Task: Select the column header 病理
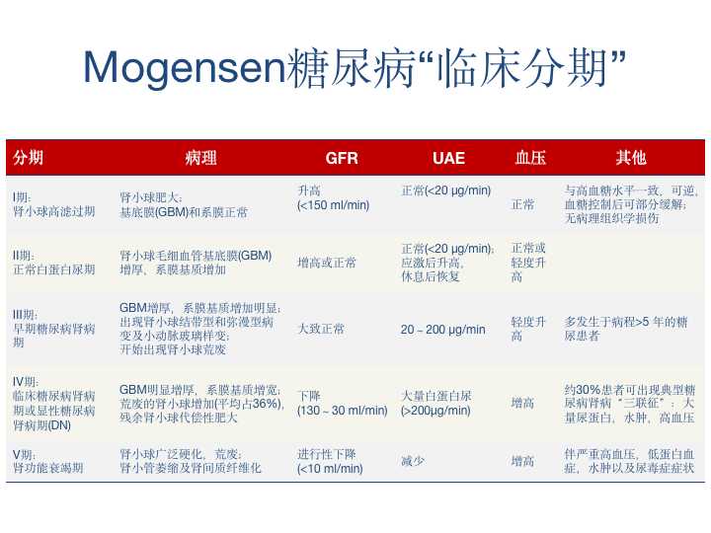200,158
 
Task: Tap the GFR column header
342,158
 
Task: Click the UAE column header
448,158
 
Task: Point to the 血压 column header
530,158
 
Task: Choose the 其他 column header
631,157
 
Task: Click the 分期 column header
28,157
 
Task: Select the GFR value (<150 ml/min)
334,205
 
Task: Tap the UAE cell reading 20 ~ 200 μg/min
443,330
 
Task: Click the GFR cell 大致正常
321,329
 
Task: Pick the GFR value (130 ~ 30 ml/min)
343,411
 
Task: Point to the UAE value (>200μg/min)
435,411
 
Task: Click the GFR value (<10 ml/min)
330,469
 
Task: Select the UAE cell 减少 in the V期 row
413,461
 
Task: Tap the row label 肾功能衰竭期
48,468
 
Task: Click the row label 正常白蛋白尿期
54,269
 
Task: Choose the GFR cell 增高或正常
327,263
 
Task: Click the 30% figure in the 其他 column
589,390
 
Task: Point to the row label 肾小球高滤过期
54,211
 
